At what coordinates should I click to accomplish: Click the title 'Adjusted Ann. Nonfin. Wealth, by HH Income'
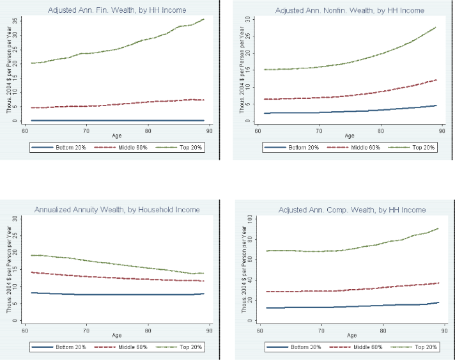coord(350,11)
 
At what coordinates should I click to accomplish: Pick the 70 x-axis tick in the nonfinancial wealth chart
coord(318,132)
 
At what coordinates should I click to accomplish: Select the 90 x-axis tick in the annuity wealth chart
coord(210,331)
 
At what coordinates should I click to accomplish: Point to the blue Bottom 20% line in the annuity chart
coord(115,295)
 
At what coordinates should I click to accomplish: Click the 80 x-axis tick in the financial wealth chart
coord(148,132)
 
